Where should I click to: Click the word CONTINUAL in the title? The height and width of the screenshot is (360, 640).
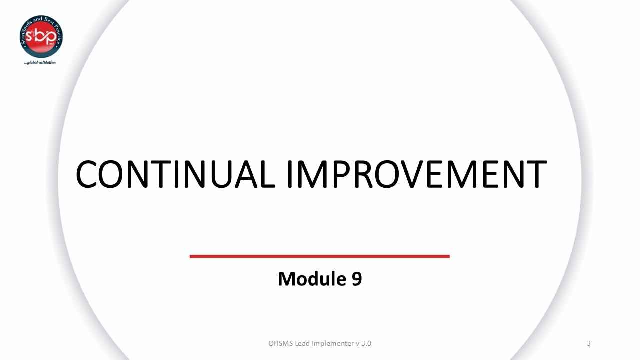[175, 174]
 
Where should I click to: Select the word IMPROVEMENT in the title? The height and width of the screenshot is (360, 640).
[416, 174]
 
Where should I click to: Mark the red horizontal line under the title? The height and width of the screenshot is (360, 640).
[320, 256]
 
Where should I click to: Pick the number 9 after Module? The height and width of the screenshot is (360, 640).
[356, 279]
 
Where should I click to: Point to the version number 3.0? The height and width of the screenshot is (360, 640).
[366, 343]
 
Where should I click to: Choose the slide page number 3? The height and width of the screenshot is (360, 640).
[589, 343]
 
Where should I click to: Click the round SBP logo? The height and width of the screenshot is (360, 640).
[41, 37]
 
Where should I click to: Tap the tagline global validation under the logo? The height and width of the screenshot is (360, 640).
[40, 63]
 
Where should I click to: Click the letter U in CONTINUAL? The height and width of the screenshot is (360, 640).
[216, 174]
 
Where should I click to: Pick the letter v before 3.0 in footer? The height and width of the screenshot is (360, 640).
[357, 344]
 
